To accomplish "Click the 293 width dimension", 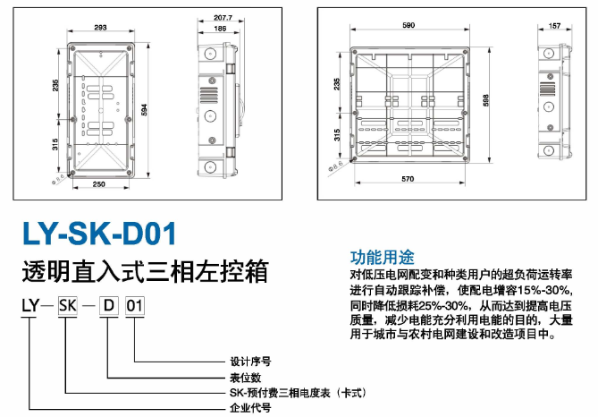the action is coord(101,28).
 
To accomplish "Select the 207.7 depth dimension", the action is coord(223,18).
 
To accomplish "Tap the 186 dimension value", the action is coord(220,29).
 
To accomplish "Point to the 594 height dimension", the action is coord(144,110).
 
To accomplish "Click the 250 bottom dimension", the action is coord(99,184).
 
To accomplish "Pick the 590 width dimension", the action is coord(408,25).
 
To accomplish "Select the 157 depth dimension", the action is coord(554,26).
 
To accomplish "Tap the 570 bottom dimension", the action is coord(408,179).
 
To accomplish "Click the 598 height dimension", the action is coord(486,100).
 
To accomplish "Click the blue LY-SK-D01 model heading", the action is coord(99,234).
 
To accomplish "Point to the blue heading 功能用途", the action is coord(383,258).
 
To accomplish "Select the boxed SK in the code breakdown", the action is coord(68,305).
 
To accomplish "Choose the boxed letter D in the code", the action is coord(109,305).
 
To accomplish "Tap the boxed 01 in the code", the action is coord(135,305).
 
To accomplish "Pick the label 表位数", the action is coord(245,378).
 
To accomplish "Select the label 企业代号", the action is coord(250,408).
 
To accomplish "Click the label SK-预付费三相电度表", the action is coord(280,393).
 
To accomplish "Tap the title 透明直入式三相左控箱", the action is coord(146,271).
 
